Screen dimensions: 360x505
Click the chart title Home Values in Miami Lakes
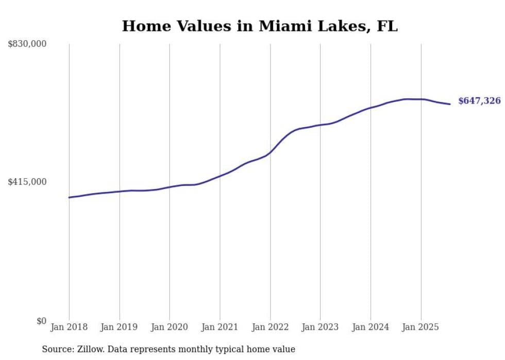[260, 26]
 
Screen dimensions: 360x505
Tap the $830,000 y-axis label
[27, 44]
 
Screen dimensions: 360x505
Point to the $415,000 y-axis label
[27, 182]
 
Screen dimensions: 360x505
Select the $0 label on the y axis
[41, 321]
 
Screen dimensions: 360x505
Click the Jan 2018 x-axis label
[69, 327]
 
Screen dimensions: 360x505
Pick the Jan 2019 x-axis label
[120, 327]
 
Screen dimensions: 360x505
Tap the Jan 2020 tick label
[170, 327]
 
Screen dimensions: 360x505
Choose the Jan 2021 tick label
[220, 327]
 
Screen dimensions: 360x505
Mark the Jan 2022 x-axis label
[270, 327]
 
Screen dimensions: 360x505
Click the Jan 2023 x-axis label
[320, 327]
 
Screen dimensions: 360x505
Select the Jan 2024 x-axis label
[371, 327]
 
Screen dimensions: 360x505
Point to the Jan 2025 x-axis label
[420, 327]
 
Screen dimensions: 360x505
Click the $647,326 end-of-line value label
[479, 101]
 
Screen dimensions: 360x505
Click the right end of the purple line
[450, 104]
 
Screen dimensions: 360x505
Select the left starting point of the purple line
[69, 197]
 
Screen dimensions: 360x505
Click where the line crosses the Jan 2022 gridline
[270, 152]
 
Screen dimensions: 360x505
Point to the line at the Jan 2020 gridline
[170, 187]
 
